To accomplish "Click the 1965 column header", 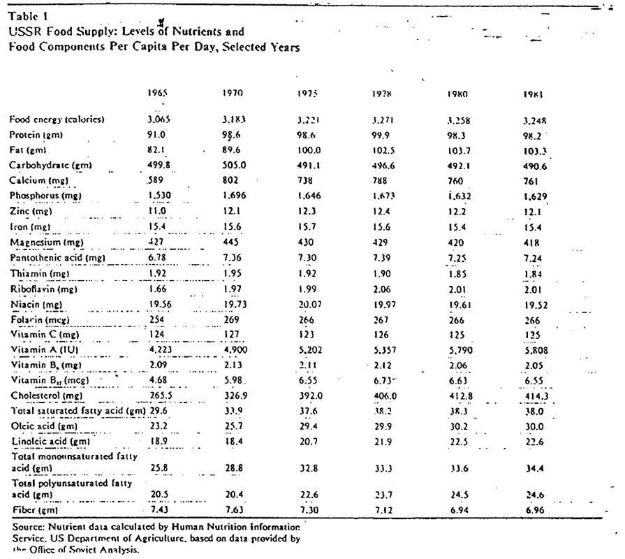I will click(159, 92).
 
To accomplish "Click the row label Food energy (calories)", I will click(57, 119).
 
